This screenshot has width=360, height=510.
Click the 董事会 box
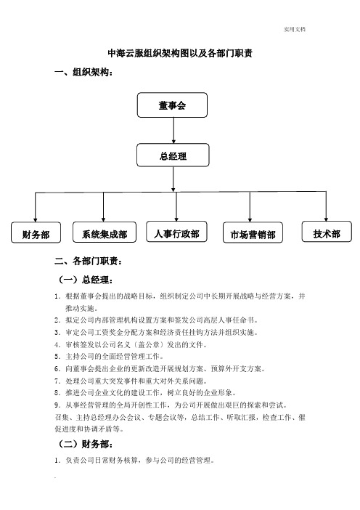coord(172,105)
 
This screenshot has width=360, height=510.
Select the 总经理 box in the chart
coord(173,155)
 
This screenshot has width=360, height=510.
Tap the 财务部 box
coord(36,232)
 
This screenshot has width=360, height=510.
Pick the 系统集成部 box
coord(105,232)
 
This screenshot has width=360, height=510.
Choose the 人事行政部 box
coord(176,232)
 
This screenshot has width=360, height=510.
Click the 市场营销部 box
coord(253,232)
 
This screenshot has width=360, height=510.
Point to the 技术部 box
coord(327,232)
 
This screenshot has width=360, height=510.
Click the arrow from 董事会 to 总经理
coord(173,131)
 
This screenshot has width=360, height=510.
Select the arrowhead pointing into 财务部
coord(35,220)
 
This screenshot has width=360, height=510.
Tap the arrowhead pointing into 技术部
coord(326,219)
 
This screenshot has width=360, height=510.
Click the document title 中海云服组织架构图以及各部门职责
coord(180,53)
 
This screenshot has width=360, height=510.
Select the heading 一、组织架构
coord(83,72)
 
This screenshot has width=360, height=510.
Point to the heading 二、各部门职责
coord(89,261)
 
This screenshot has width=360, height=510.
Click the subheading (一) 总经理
coord(86,280)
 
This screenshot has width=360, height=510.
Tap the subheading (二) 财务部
coord(86,444)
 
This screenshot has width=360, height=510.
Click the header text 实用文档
coord(295,29)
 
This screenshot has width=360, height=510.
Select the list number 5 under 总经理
coord(57,357)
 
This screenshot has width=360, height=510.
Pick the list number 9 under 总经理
coord(57,405)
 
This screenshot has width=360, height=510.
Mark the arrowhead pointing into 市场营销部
coord(250,220)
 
